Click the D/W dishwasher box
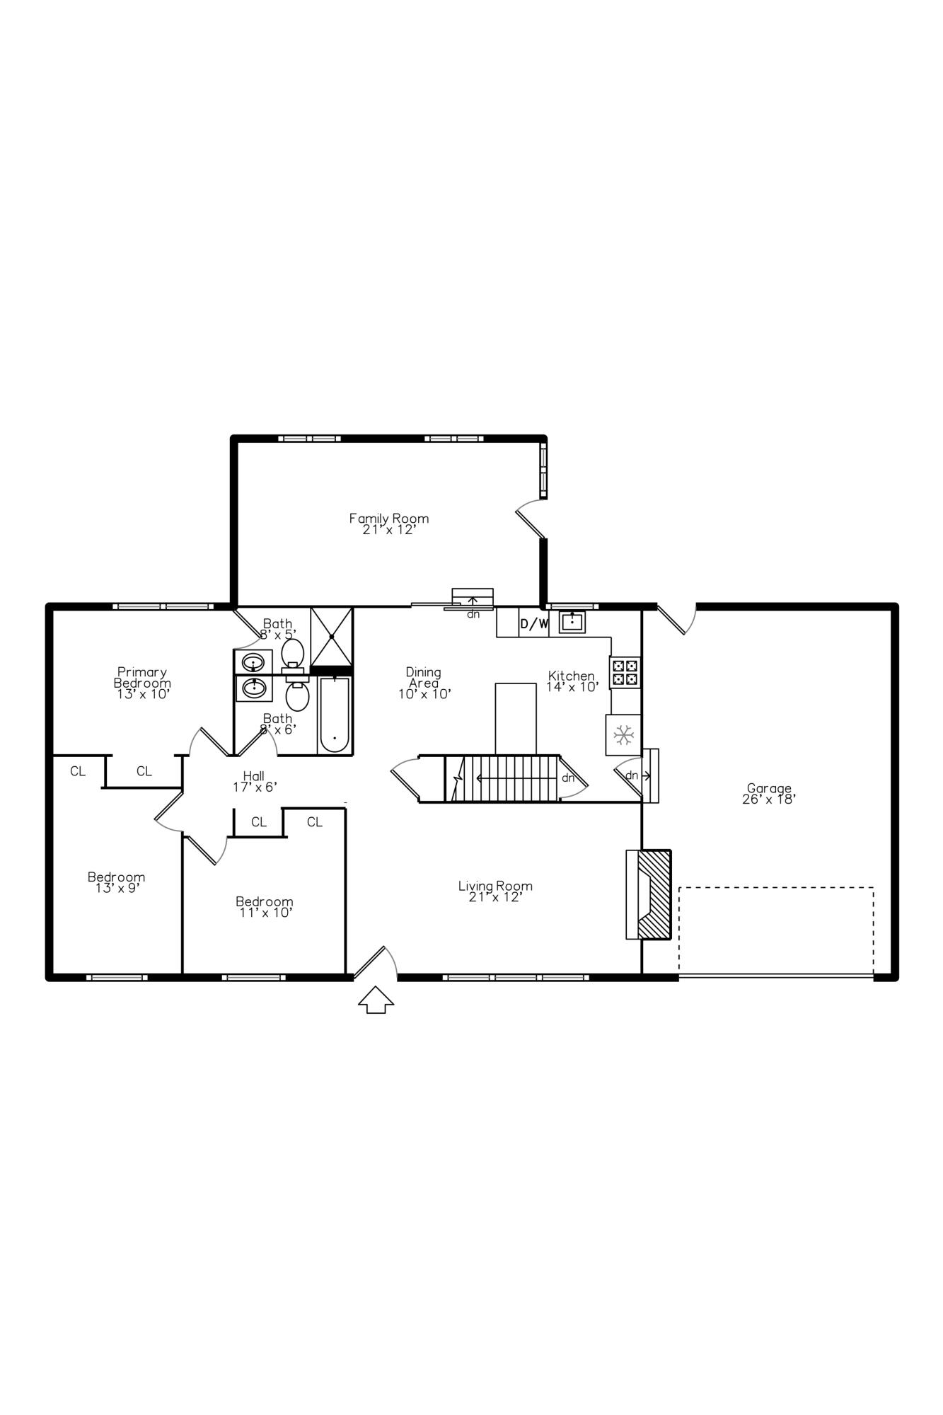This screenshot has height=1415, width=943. (x=534, y=623)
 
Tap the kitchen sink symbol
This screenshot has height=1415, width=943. (x=572, y=622)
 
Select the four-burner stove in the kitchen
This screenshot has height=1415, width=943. (x=625, y=672)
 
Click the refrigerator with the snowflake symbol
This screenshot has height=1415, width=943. (x=623, y=735)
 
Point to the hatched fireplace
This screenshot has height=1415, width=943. (x=654, y=894)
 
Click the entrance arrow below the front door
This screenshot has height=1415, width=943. (x=376, y=999)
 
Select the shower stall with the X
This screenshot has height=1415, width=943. (x=331, y=637)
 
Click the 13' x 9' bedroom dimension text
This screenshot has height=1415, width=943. (x=117, y=888)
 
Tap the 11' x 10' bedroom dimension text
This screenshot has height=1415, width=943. (x=265, y=913)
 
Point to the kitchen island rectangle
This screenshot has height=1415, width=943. (x=516, y=718)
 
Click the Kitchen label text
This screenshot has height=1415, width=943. (x=571, y=676)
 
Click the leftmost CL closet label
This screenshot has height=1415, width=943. (x=78, y=771)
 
